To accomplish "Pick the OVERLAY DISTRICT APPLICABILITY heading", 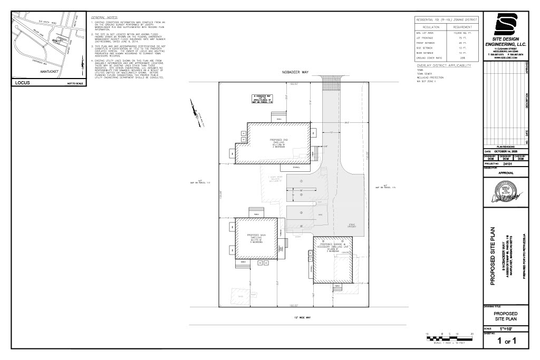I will (x=443, y=65).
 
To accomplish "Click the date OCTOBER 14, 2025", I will (x=507, y=151).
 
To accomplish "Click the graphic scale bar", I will (x=449, y=338).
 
